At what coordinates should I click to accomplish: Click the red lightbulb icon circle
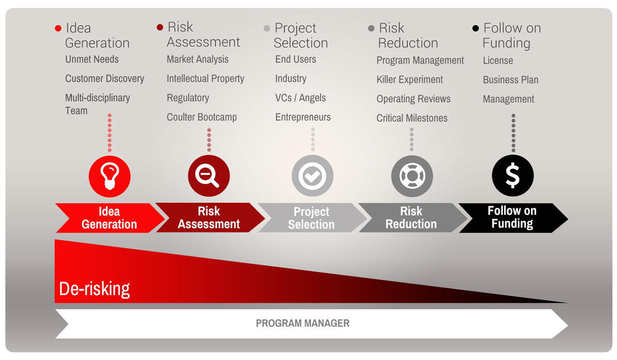(110, 176)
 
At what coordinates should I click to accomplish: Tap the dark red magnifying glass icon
(209, 175)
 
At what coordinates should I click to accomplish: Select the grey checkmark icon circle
(312, 176)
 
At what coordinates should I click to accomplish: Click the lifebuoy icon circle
(412, 176)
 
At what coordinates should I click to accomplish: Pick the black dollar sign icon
(513, 175)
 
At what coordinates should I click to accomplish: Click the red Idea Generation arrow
(109, 218)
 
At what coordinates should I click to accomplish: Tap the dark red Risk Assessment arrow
(209, 218)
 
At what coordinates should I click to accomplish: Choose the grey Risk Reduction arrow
(411, 218)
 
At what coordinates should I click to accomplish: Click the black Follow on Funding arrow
(512, 218)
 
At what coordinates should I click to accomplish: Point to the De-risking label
(95, 289)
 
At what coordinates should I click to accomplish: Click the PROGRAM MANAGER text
(303, 323)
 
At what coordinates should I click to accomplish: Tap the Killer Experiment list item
(410, 80)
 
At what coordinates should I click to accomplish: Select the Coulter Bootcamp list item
(202, 117)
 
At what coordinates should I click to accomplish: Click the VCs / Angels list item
(300, 98)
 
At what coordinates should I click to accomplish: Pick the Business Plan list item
(511, 80)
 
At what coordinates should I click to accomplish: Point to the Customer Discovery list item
(104, 79)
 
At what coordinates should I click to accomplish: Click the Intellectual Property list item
(205, 79)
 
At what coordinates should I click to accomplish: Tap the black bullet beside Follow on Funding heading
(476, 28)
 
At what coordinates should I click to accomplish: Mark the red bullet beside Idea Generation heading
(58, 28)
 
